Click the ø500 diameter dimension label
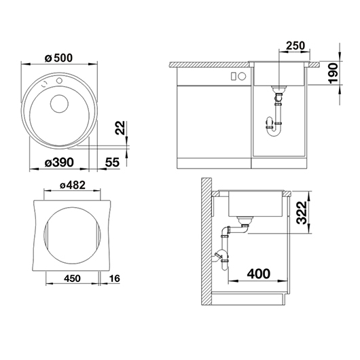[x=58, y=58]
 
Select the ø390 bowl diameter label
[x=59, y=162]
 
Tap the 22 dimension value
[x=120, y=128]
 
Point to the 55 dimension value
[x=112, y=162]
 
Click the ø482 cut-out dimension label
[x=73, y=185]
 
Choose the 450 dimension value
[x=72, y=278]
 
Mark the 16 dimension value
[x=114, y=278]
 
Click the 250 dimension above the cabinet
[x=295, y=46]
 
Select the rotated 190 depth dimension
[x=334, y=73]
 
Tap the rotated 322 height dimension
[x=302, y=213]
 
